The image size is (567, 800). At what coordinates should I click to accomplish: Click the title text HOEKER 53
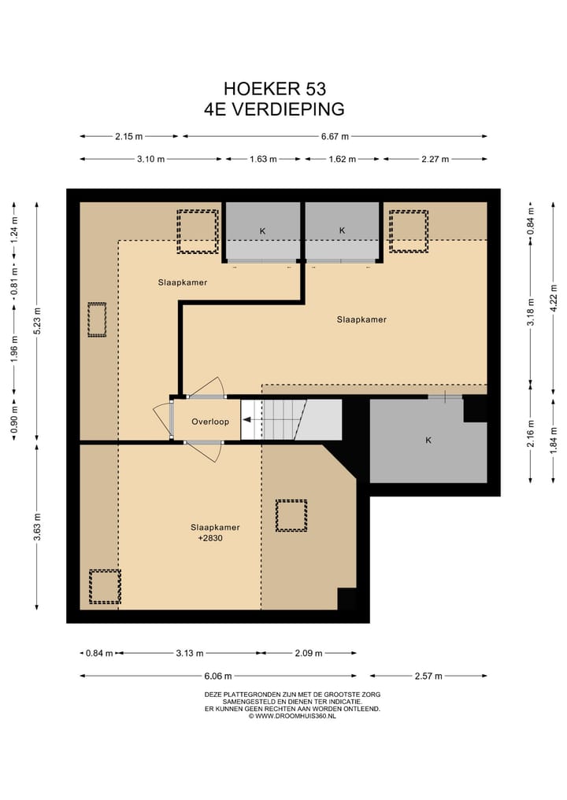pos(275,89)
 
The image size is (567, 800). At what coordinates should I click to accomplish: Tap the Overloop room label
pos(210,422)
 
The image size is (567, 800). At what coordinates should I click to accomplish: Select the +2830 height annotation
pos(210,538)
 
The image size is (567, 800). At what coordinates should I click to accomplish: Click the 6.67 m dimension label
pos(335,136)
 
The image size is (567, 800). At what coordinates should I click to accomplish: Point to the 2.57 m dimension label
pos(428,676)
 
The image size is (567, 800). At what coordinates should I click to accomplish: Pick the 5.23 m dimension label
pos(37,321)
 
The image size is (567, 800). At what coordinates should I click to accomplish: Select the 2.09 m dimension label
pos(309,653)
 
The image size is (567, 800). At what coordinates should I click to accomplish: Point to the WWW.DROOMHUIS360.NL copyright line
pos(292,716)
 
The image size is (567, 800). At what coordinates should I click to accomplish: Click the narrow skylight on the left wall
pos(97,320)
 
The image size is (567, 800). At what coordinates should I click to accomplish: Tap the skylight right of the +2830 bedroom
pos(291,516)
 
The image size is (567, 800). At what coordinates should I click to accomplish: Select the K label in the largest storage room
pos(428,440)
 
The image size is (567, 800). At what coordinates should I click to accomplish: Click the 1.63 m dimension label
pos(263,159)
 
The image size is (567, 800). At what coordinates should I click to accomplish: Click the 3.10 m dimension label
pos(150,159)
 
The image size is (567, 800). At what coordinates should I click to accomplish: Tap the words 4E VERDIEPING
pos(274,109)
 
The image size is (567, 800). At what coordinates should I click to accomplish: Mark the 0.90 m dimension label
pos(14,416)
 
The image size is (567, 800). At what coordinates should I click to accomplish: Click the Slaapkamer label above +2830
pos(215,527)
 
